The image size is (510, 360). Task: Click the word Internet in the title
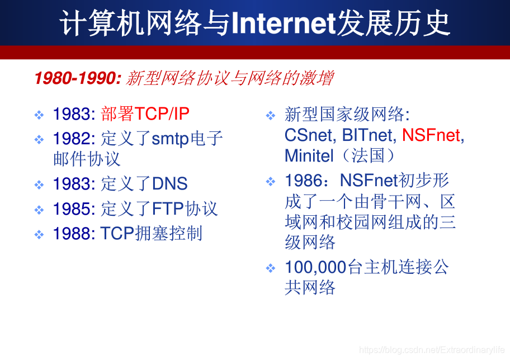284,23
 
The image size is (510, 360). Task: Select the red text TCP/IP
162,114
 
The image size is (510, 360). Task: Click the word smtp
170,139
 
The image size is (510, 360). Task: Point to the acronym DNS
170,183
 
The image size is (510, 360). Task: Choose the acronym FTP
168,209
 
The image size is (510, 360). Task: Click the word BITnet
369,135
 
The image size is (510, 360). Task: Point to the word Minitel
309,155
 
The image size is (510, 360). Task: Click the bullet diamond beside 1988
39,234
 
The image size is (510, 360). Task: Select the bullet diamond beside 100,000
271,268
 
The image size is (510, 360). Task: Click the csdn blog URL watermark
432,350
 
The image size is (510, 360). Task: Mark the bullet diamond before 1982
39,140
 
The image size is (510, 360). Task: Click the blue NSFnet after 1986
369,181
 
